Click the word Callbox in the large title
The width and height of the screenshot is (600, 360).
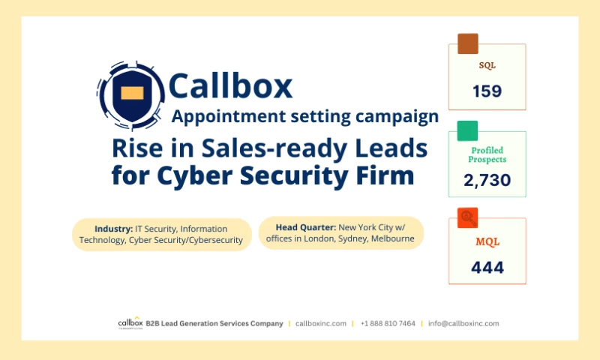tap(230, 86)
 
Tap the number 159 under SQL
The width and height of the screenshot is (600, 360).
tap(487, 92)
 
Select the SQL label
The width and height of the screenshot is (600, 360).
tap(487, 65)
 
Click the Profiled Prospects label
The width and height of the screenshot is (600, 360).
tap(487, 154)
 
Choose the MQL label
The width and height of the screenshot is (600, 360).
tap(487, 241)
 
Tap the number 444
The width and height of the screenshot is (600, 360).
tap(487, 267)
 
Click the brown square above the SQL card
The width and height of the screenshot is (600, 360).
tap(467, 43)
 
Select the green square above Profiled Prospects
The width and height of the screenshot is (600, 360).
tap(467, 131)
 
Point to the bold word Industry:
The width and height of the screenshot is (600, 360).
tap(113, 228)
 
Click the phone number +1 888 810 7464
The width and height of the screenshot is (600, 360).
tap(388, 323)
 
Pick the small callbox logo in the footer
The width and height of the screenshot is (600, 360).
tap(129, 323)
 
